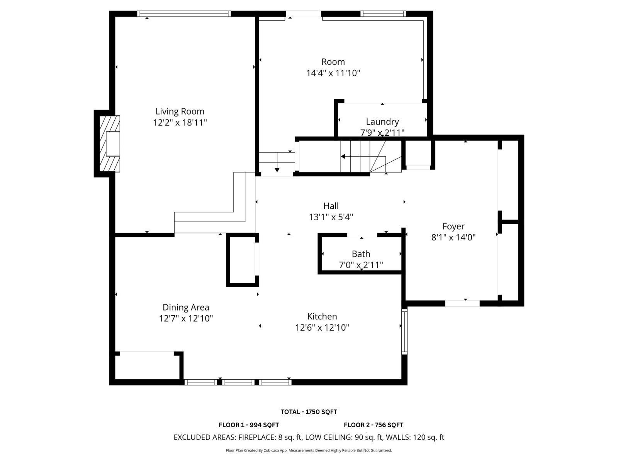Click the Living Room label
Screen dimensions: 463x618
[x=180, y=112]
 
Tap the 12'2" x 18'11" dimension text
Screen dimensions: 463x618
[x=180, y=123]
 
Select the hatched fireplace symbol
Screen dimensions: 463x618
[x=110, y=144]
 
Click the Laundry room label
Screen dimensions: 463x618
[x=382, y=122]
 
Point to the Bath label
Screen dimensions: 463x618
[x=361, y=254]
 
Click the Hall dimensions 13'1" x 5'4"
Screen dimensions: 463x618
[x=331, y=217]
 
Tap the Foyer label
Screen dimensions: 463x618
[x=453, y=226]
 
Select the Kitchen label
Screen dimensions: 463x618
[x=322, y=316]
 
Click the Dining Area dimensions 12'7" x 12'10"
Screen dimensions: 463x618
[x=186, y=319]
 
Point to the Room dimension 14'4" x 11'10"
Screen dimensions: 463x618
[x=333, y=73]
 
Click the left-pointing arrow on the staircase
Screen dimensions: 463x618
[x=343, y=156]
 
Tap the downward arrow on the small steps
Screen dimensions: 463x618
[x=277, y=169]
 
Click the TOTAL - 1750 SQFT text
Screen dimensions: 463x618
[x=309, y=412]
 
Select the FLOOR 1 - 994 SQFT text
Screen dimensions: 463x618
[x=248, y=425]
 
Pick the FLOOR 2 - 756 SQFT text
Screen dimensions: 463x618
[x=373, y=425]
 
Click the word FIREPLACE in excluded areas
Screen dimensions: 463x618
[x=256, y=437]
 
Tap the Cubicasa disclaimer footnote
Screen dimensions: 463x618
[x=309, y=450]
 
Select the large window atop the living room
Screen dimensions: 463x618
[x=184, y=14]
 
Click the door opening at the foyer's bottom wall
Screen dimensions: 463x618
[x=462, y=303]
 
